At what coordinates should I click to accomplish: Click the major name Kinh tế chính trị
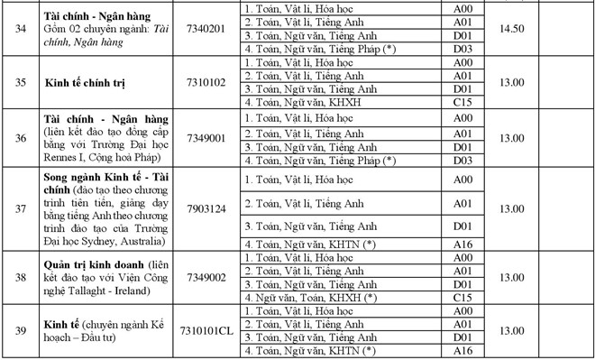tap(87, 83)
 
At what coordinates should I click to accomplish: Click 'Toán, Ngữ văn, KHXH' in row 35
tap(302, 104)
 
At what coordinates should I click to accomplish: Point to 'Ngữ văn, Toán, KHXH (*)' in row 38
tap(309, 298)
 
